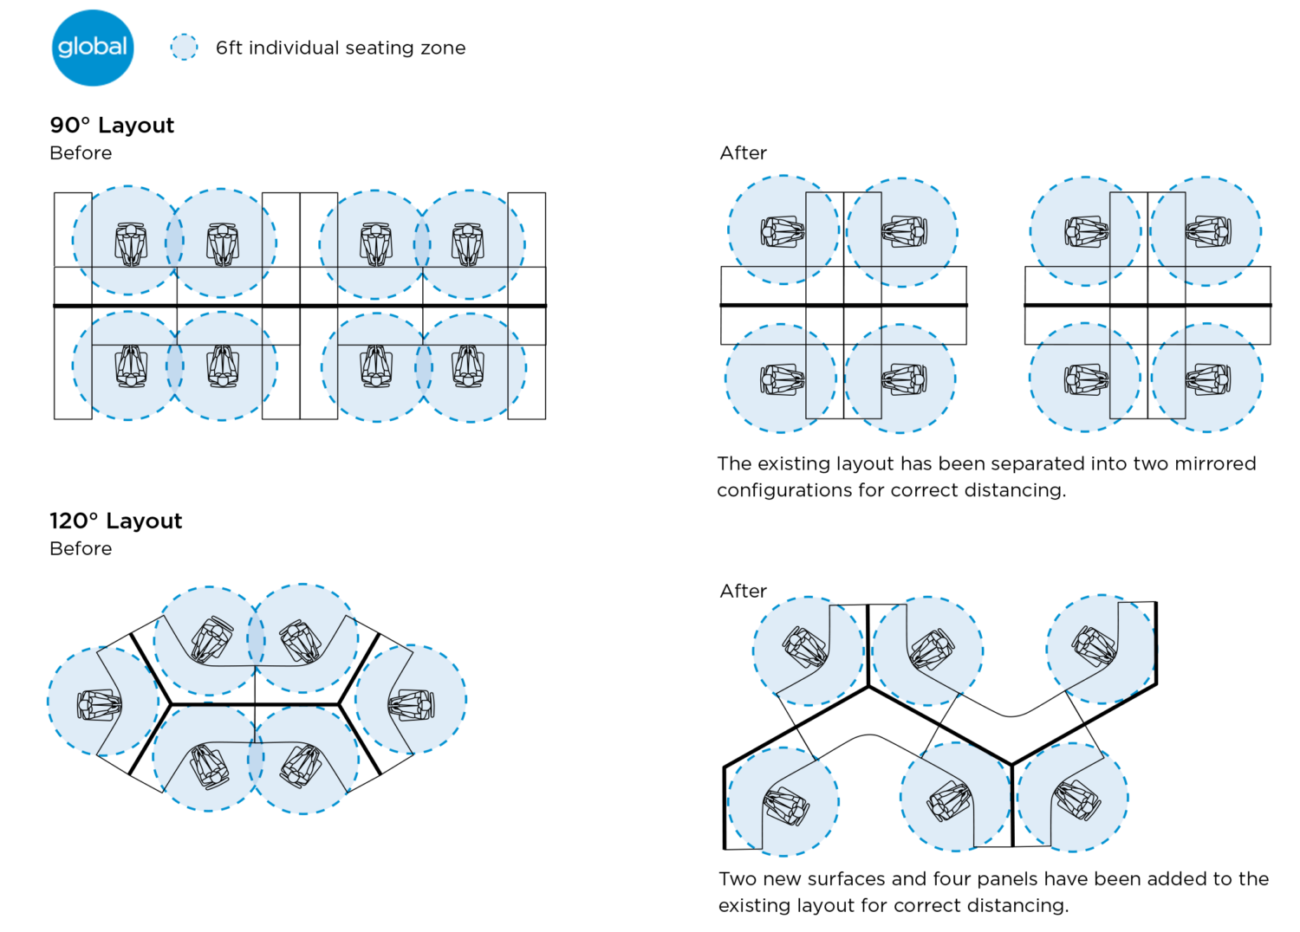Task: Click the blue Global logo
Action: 93,48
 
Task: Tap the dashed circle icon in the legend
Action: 184,47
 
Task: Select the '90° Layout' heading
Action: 112,126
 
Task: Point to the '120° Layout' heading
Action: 116,521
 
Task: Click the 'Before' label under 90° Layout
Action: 81,153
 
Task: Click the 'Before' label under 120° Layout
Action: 81,549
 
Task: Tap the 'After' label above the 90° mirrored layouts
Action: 743,153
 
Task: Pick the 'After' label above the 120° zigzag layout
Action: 743,592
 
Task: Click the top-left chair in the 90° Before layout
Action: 131,243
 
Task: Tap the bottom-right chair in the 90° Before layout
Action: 468,366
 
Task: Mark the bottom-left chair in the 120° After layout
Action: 786,806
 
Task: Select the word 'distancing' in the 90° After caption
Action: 1014,490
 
